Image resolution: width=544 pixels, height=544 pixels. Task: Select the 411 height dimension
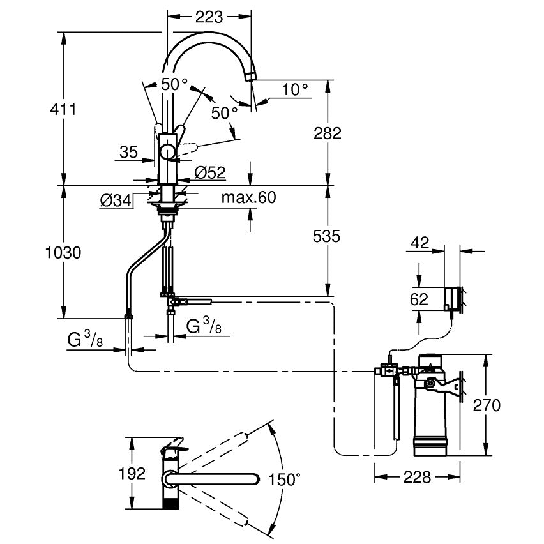(63, 109)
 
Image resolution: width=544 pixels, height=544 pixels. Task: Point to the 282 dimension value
(328, 133)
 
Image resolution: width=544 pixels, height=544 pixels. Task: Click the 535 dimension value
(328, 236)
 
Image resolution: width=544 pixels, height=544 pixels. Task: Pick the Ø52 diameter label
(210, 172)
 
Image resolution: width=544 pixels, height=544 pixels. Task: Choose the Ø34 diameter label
(116, 201)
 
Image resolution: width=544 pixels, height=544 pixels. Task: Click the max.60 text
(248, 198)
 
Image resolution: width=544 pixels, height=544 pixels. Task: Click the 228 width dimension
(416, 477)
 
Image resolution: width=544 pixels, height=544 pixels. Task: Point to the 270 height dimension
(487, 405)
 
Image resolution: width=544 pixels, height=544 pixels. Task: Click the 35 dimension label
(129, 152)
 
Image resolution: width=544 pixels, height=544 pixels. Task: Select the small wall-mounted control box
(453, 298)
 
